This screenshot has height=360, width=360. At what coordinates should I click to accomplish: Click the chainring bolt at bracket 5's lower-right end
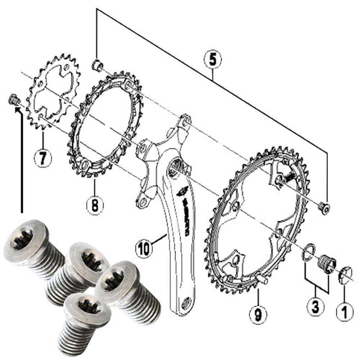pyautogui.click(x=324, y=207)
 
